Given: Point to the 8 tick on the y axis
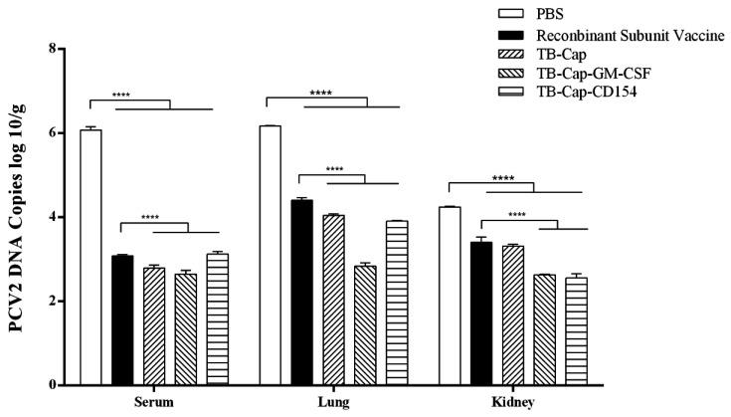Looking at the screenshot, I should (52, 49).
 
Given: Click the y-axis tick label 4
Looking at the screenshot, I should (52, 217).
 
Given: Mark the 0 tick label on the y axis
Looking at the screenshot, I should (52, 385).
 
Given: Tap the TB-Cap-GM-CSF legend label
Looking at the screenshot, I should (591, 75).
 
